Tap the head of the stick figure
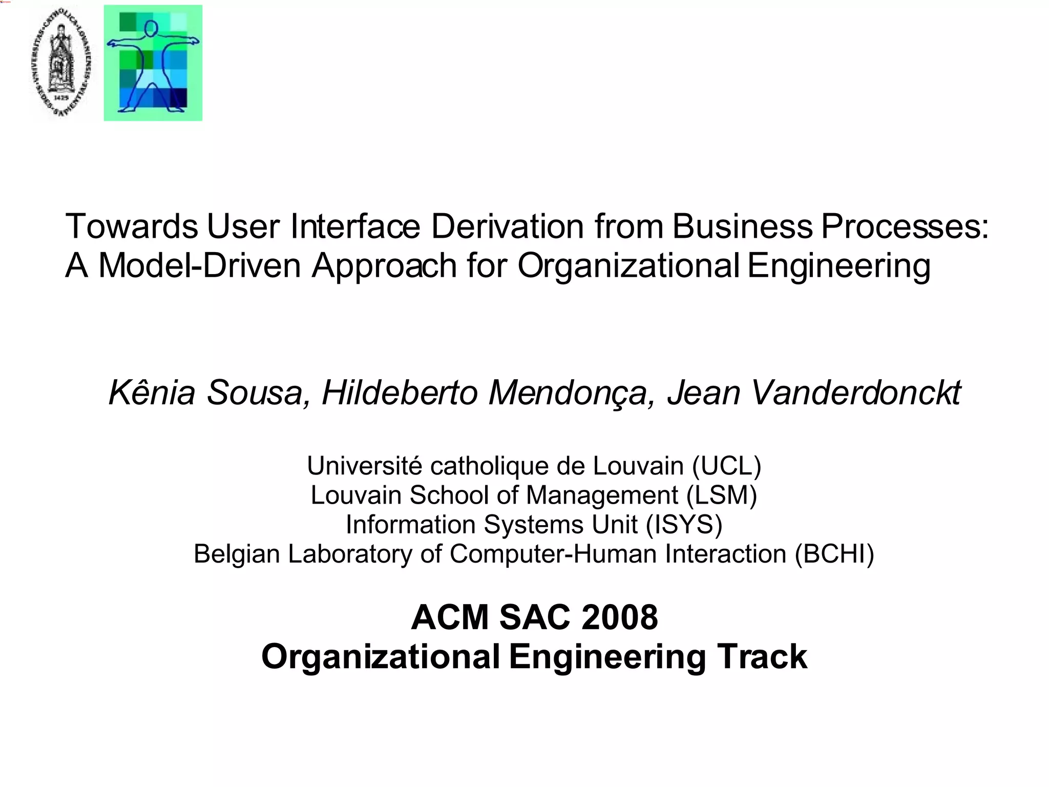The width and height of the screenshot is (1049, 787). [x=151, y=29]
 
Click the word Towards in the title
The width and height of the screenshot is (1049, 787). [x=132, y=226]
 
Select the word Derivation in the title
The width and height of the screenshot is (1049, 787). [x=508, y=226]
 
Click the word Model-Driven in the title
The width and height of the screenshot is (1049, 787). [x=199, y=265]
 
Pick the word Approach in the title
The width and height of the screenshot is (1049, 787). [x=384, y=265]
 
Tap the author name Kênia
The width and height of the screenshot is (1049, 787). [x=152, y=392]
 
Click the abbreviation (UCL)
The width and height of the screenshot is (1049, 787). [x=726, y=466]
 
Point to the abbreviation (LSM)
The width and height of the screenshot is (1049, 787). [x=722, y=495]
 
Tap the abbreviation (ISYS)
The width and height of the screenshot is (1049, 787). [x=684, y=525]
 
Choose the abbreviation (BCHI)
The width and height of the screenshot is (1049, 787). [x=834, y=554]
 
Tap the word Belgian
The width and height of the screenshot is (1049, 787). [x=237, y=554]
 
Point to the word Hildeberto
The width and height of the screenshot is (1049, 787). [x=400, y=392]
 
